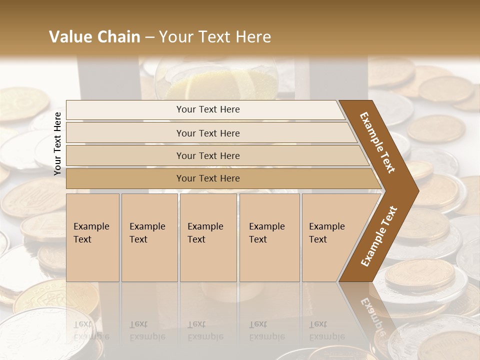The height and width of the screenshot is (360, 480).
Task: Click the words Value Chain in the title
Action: (x=94, y=37)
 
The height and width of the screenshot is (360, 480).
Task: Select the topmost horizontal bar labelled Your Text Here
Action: (x=207, y=109)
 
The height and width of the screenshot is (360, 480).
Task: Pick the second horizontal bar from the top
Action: (x=207, y=133)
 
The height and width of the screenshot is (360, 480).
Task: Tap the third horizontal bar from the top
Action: (x=207, y=155)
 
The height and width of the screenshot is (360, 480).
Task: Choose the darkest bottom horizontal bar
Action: (x=207, y=178)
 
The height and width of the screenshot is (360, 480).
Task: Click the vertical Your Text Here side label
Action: (x=57, y=143)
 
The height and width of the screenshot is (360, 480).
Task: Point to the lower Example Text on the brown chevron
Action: (x=379, y=236)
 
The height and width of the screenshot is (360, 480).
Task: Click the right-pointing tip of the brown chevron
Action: (x=416, y=190)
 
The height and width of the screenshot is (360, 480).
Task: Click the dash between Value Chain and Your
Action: (x=149, y=37)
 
